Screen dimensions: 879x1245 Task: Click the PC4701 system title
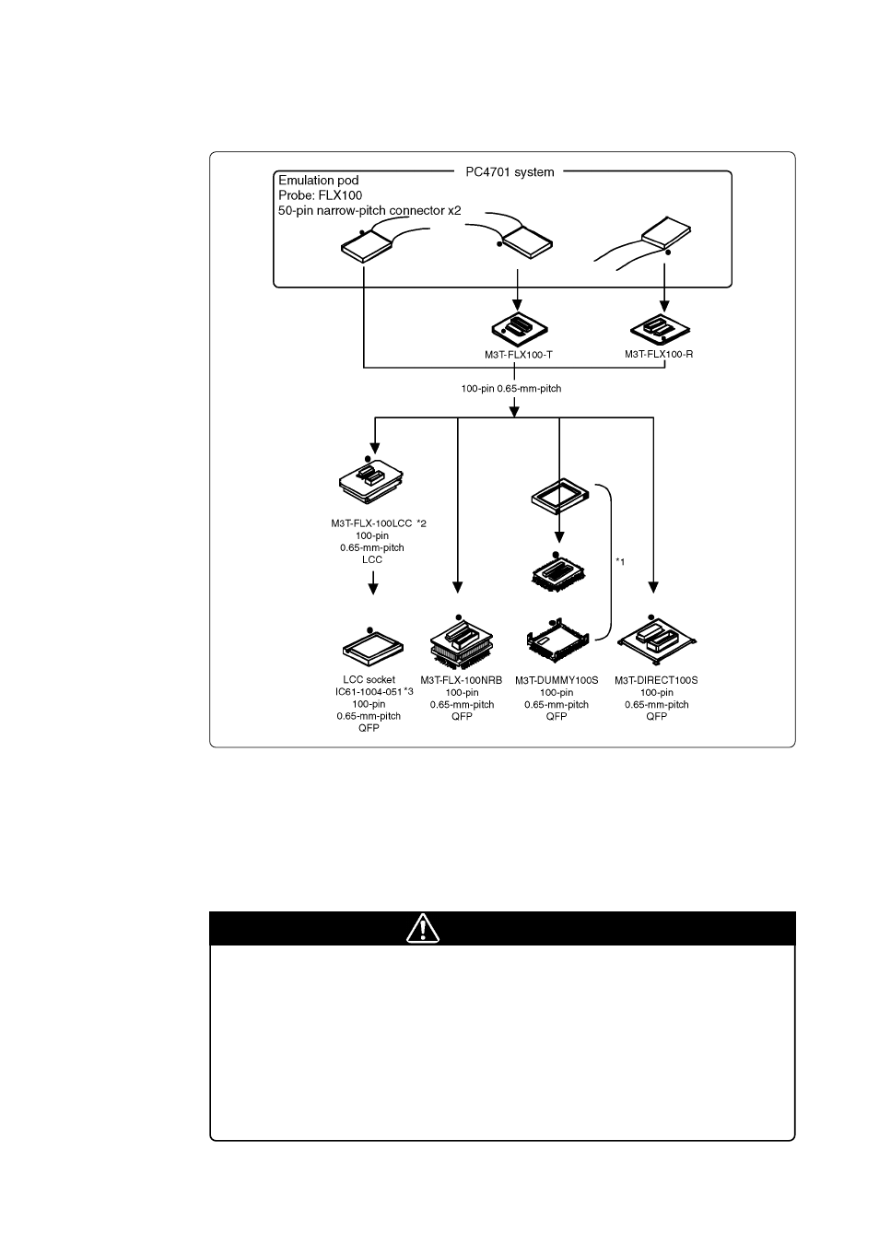509,171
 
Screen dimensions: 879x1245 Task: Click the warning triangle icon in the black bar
422,929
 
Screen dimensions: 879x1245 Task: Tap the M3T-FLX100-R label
659,354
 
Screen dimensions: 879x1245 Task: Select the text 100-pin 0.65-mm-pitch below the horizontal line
511,389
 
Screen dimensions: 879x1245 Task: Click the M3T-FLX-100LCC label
372,523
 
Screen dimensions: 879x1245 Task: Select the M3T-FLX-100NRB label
462,681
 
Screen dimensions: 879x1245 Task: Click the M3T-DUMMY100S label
557,681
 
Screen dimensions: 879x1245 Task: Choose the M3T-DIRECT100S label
656,681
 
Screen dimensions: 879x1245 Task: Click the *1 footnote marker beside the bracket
620,562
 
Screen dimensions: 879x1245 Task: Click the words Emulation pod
319,181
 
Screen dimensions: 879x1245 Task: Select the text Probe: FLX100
321,195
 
